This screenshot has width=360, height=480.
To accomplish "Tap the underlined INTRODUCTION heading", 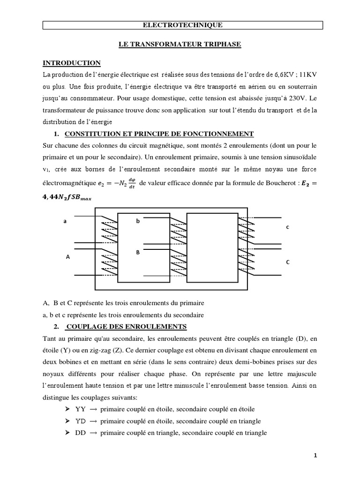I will pyautogui.click(x=72, y=63).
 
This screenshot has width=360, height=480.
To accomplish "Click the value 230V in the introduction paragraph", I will pyautogui.click(x=290, y=99).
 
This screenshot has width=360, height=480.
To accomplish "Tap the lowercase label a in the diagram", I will pyautogui.click(x=65, y=220).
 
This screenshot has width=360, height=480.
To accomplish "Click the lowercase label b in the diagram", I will pyautogui.click(x=138, y=220).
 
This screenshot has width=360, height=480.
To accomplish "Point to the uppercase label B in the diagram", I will pyautogui.click(x=138, y=253).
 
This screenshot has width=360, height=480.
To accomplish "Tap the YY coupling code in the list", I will pyautogui.click(x=81, y=409).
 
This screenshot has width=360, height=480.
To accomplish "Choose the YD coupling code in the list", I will pyautogui.click(x=81, y=421).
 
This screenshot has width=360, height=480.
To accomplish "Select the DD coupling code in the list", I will pyautogui.click(x=81, y=433).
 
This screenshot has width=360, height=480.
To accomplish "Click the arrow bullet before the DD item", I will pyautogui.click(x=66, y=433).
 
